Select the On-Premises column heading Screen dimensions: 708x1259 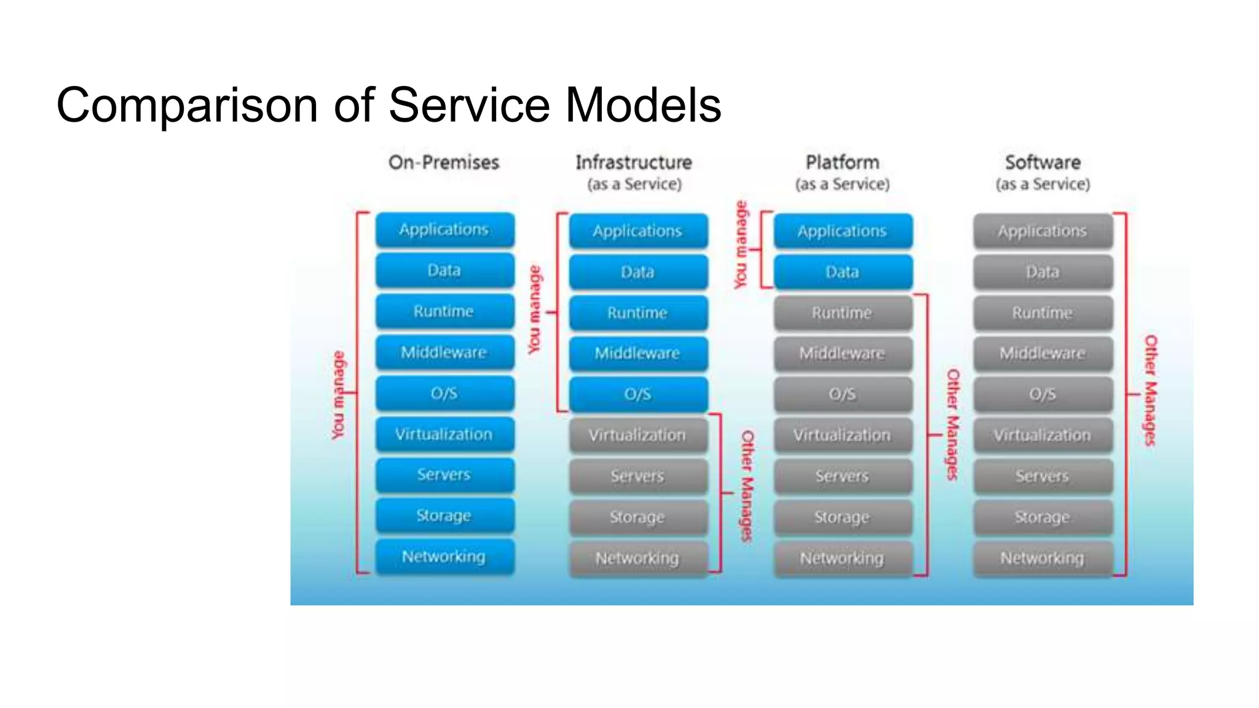pos(443,163)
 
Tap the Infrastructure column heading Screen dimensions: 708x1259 pos(633,163)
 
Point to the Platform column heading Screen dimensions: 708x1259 pos(842,163)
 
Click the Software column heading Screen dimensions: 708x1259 pos(1043,163)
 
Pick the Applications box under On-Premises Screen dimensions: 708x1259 pos(444,230)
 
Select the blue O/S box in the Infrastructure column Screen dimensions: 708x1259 pos(637,394)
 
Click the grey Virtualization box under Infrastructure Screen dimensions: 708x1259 pos(637,435)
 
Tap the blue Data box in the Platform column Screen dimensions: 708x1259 pos(842,272)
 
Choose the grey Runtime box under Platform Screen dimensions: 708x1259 pos(842,313)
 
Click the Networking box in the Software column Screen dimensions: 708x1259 pos(1043,558)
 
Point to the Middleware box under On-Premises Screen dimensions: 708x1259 pos(444,352)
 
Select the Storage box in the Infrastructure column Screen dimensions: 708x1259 pos(637,517)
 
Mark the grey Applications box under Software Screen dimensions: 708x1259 pos(1043,231)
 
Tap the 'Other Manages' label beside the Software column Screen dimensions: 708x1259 pos(1150,390)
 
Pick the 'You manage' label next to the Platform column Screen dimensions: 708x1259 pos(741,245)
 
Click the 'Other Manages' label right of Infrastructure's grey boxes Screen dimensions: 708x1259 pos(747,486)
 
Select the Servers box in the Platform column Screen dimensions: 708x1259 pos(842,476)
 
